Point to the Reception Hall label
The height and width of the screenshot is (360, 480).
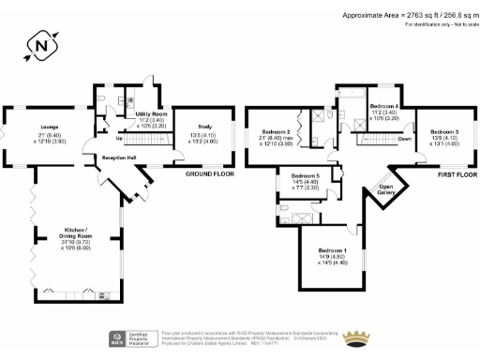click(119, 157)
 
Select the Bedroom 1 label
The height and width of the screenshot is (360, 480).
click(331, 250)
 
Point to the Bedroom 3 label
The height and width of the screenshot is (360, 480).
click(430, 132)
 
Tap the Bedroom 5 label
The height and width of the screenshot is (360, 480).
click(305, 176)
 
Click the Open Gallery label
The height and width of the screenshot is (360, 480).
click(384, 188)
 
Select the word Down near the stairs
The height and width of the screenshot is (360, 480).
click(404, 138)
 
